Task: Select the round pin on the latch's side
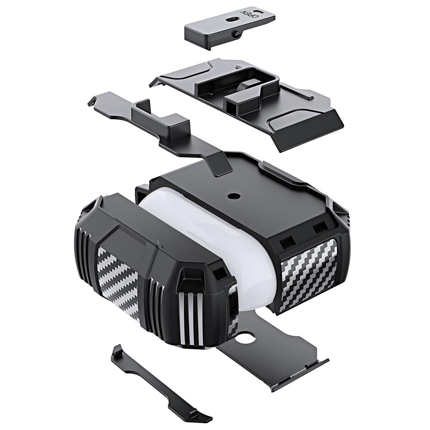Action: point(235,34)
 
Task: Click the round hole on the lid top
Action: point(233,196)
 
